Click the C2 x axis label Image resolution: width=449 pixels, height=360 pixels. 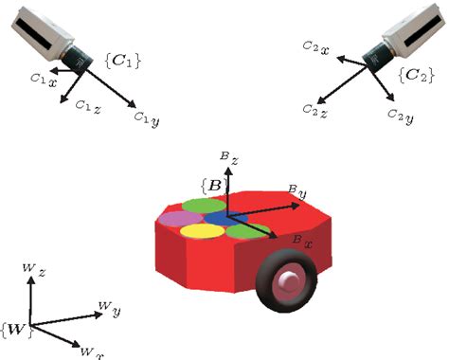[315, 46]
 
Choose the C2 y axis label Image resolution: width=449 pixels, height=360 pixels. [399, 116]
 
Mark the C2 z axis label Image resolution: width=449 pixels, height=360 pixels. [315, 112]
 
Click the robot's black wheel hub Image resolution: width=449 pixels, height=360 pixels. [287, 279]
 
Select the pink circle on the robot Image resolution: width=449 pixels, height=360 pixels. [172, 220]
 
